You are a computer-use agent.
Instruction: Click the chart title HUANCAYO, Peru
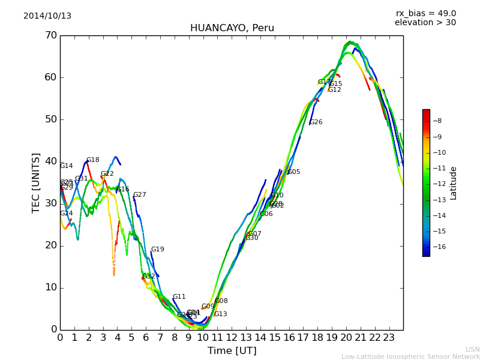(x=232, y=28)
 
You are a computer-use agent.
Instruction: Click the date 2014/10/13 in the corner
(x=47, y=16)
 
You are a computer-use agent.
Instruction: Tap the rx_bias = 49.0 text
(x=425, y=14)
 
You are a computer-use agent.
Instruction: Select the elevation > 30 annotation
(x=425, y=23)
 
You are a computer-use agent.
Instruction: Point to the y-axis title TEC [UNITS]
(x=36, y=182)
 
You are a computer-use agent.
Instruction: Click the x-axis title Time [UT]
(x=232, y=351)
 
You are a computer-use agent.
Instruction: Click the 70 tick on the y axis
(x=50, y=35)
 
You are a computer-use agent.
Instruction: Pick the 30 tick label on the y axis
(x=50, y=203)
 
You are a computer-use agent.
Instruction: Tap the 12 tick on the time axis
(x=232, y=337)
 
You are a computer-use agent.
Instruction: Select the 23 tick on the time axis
(x=389, y=337)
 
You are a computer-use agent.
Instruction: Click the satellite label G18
(x=93, y=160)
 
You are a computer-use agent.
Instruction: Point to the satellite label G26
(x=316, y=122)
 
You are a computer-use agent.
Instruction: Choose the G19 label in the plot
(x=157, y=250)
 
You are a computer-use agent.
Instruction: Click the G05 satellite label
(x=294, y=172)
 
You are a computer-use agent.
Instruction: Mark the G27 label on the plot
(x=139, y=195)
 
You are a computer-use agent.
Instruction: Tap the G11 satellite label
(x=179, y=297)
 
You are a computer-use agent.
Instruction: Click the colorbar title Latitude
(x=454, y=183)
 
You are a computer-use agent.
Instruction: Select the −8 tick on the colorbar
(x=437, y=121)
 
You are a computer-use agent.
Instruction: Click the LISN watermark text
(x=472, y=349)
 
